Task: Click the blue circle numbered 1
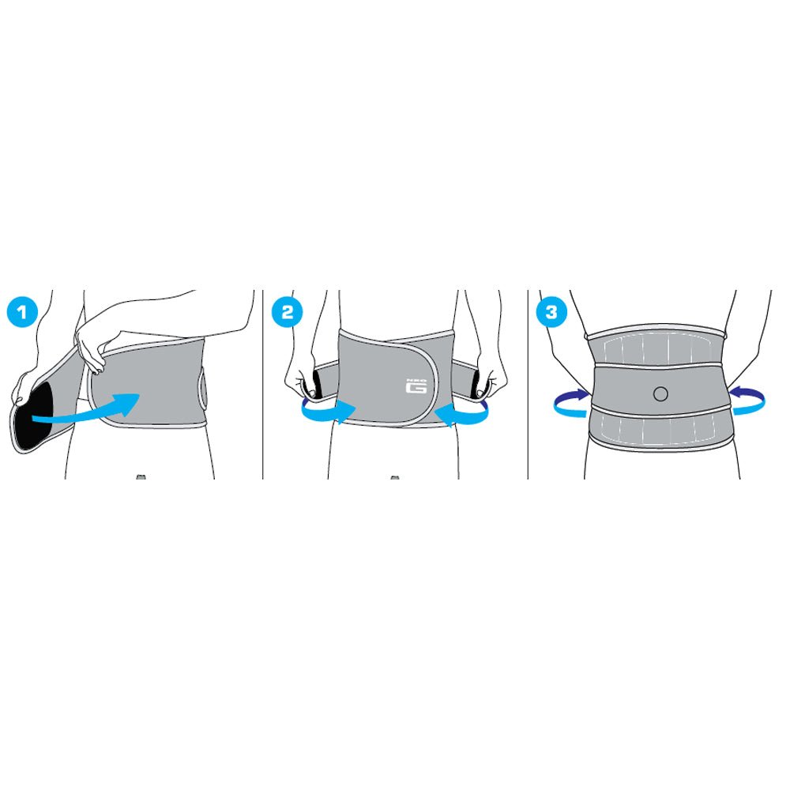point(21,313)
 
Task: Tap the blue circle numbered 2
point(287,313)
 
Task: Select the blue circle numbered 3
point(551,313)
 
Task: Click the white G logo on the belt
point(416,386)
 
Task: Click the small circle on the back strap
point(660,393)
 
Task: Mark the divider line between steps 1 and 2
point(263,384)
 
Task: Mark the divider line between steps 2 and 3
point(528,384)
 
